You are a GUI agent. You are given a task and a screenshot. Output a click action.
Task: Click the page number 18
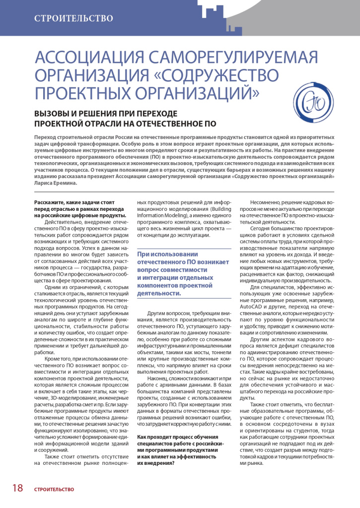[x=17, y=488]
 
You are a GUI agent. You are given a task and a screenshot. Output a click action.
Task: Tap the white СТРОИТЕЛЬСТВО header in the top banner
[x=73, y=19]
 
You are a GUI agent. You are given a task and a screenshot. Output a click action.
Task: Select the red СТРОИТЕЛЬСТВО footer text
[x=54, y=489]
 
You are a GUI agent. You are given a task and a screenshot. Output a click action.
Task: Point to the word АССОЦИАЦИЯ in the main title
[x=81, y=59]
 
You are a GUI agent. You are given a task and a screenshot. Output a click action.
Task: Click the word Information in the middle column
[x=153, y=216]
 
